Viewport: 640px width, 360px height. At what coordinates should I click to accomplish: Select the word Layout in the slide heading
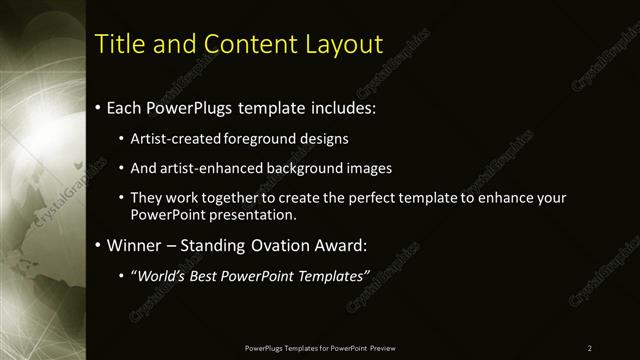coord(344,44)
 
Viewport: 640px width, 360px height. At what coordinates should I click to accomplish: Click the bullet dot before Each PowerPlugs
coord(96,107)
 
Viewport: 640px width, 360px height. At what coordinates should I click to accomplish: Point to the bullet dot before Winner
coord(96,245)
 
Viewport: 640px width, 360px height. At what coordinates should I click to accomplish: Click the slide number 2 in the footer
coord(589,347)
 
